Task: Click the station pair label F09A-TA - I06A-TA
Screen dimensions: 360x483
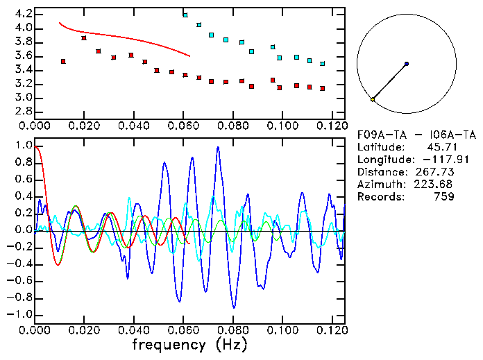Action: (x=406, y=135)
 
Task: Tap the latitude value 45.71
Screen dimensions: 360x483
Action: (x=441, y=147)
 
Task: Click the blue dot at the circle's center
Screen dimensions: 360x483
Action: (x=406, y=64)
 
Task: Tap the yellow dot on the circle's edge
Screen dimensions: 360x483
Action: (x=373, y=100)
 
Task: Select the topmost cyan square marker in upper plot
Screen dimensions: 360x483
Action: (x=185, y=15)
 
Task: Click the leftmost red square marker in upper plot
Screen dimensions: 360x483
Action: (x=63, y=62)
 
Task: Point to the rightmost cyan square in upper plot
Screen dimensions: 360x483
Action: (x=323, y=64)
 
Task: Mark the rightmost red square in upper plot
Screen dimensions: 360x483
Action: (x=323, y=89)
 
